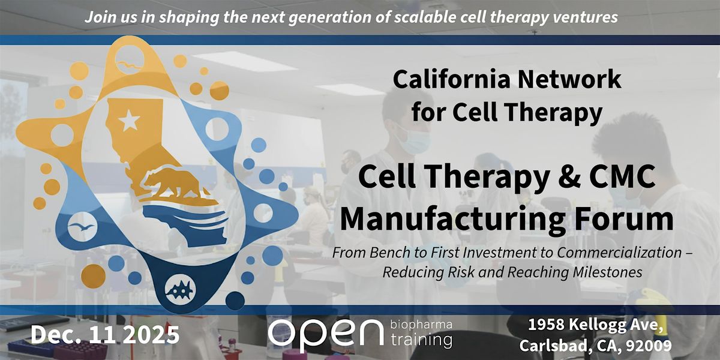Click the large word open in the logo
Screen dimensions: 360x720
(x=325, y=334)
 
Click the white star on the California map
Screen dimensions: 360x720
(x=128, y=122)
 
